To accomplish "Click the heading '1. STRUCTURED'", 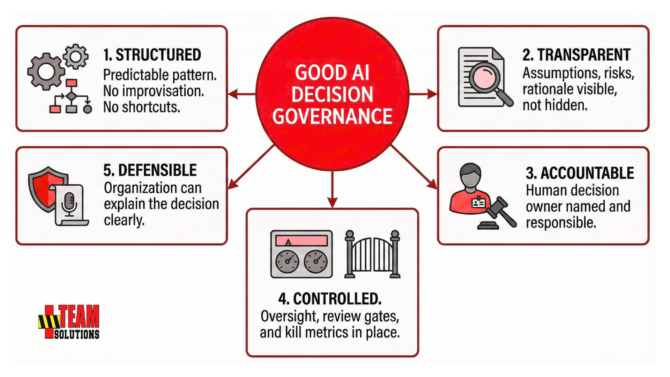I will pos(152,55).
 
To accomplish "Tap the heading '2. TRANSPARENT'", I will pos(576,55).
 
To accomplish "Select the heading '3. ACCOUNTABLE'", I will pos(580,173).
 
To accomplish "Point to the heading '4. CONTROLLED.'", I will pos(330,299).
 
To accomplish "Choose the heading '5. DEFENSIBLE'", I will pos(150,170).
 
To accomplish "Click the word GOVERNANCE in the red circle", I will pos(332,117).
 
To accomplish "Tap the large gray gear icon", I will pos(46,72).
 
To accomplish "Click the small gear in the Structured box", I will pos(76,56).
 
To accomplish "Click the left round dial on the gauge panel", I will pos(287,261).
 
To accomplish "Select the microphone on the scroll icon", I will pos(69,202).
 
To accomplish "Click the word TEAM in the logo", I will pos(80,316).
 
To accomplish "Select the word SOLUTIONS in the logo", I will pos(77,334).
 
